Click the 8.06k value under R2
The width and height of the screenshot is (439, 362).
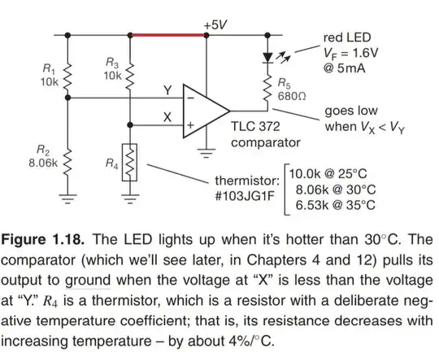37,163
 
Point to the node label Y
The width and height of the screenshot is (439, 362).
167,89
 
